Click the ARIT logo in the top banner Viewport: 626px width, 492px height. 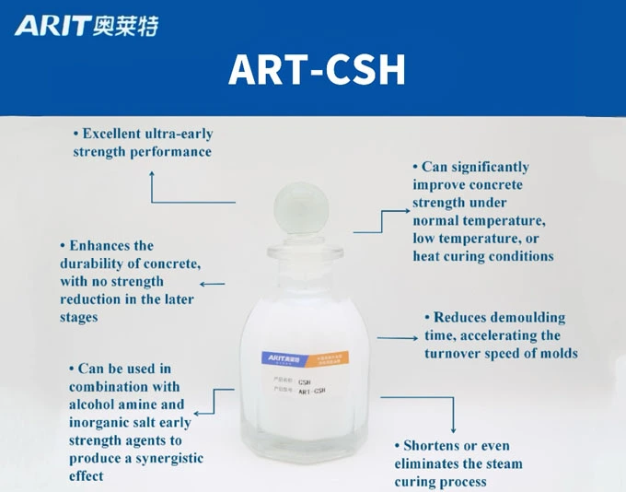click(x=87, y=25)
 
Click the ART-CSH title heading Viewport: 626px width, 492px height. click(x=316, y=70)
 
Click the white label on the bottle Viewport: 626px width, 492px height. click(x=295, y=373)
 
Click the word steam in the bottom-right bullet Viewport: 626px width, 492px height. click(x=501, y=463)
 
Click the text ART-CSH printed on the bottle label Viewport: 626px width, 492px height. click(x=312, y=391)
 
